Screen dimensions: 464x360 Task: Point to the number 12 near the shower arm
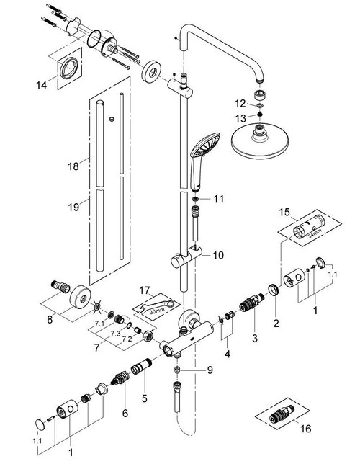pyautogui.click(x=243, y=104)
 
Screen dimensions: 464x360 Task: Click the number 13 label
pyautogui.click(x=243, y=117)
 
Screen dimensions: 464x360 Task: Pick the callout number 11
pyautogui.click(x=219, y=197)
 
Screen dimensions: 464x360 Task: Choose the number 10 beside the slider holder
pyautogui.click(x=219, y=255)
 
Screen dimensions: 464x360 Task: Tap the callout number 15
pyautogui.click(x=284, y=214)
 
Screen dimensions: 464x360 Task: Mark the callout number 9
pyautogui.click(x=210, y=370)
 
